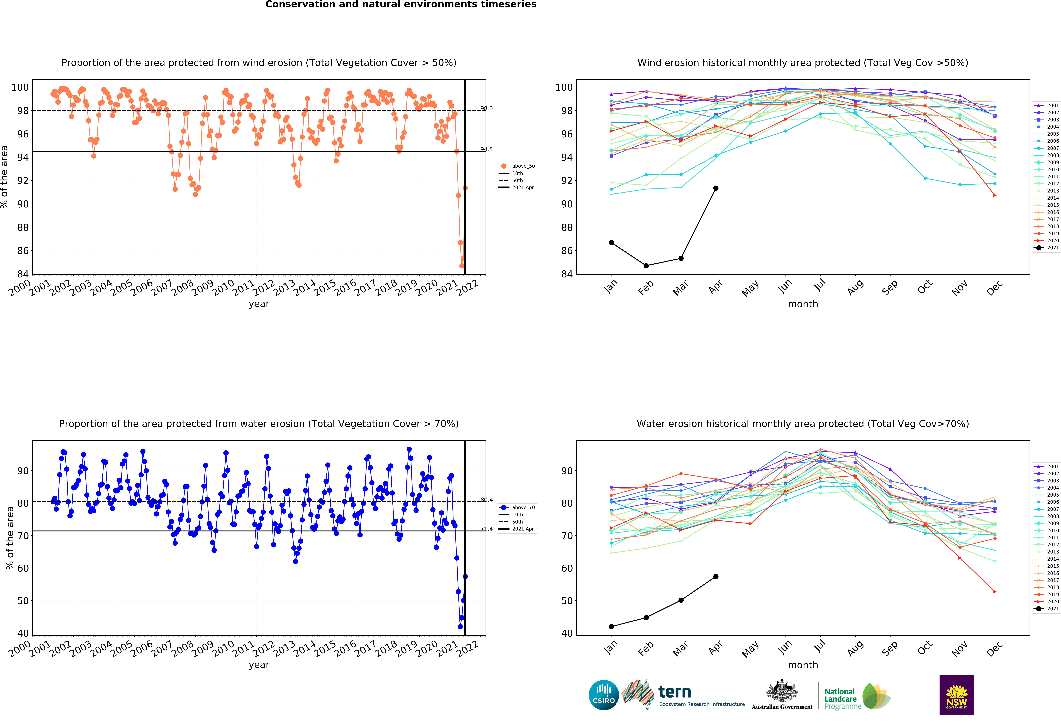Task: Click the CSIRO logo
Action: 604,695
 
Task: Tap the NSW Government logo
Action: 956,695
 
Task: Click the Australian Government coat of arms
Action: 782,692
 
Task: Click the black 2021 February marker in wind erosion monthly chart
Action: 646,266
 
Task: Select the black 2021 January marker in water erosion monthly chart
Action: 611,627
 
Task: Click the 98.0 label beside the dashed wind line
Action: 486,109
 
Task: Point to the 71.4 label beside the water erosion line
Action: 486,529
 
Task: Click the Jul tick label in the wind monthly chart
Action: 820,286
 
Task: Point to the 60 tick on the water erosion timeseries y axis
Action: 23,568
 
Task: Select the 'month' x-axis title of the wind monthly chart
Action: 803,304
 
